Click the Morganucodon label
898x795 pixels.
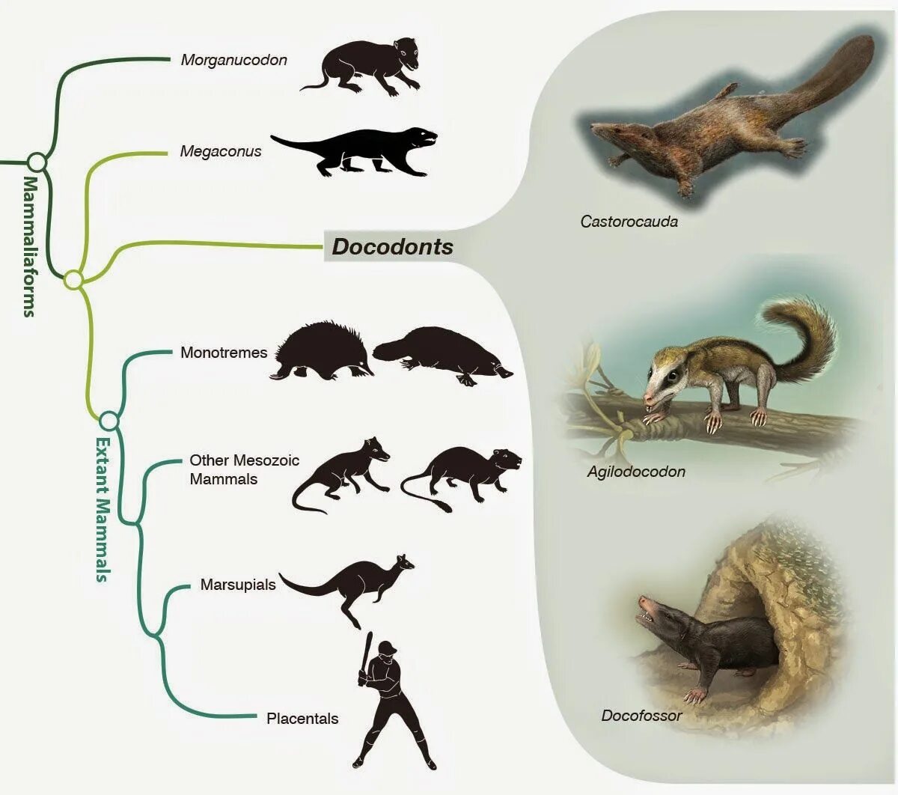[x=233, y=60]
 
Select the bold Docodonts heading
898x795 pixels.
[x=392, y=247]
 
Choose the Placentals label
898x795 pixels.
[x=302, y=719]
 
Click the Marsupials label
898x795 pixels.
[x=238, y=585]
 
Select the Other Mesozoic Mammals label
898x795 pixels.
[x=244, y=469]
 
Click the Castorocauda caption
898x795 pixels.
[x=629, y=222]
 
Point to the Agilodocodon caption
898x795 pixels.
[x=636, y=472]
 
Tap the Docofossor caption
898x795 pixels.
[x=641, y=716]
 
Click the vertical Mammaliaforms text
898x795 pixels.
[x=29, y=247]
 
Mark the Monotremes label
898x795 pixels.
[x=223, y=353]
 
